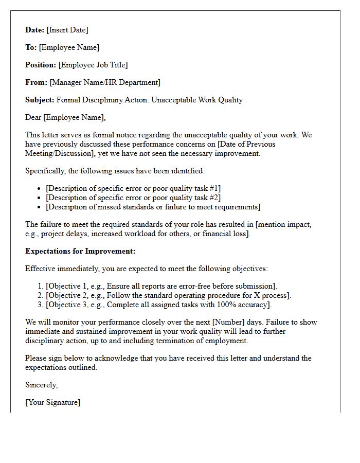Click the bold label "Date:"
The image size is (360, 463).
(35, 30)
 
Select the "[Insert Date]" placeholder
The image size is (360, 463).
(67, 30)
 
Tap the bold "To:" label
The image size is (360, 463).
(31, 47)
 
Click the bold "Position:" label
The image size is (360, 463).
(41, 65)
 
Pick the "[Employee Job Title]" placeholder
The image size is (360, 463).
(93, 65)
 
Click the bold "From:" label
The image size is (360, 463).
(36, 82)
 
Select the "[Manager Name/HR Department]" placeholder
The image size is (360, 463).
(105, 82)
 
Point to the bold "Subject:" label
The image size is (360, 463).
(40, 100)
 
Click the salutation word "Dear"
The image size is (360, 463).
(33, 117)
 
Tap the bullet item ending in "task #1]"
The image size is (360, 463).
(133, 188)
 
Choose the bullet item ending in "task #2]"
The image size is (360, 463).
(133, 198)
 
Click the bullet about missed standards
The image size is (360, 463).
(153, 207)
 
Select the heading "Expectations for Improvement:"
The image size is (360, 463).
(80, 251)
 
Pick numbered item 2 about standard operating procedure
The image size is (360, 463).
(169, 295)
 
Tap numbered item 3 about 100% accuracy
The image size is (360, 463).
(158, 305)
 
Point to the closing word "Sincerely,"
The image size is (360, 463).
(42, 385)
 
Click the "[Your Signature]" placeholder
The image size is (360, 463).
(53, 402)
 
